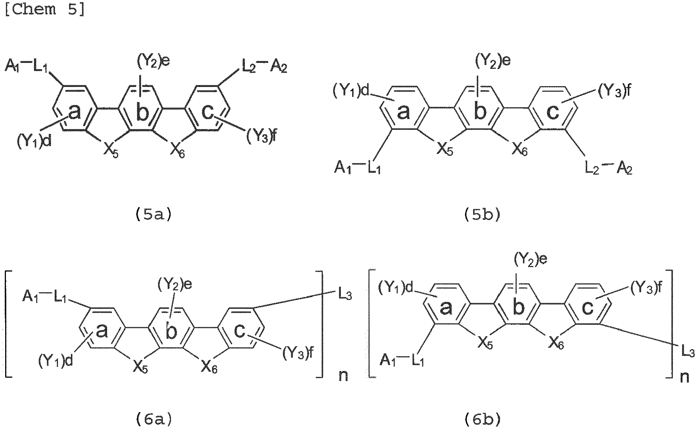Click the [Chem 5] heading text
click(45, 10)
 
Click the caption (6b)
click(482, 419)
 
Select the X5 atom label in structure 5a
click(110, 151)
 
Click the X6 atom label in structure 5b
click(517, 150)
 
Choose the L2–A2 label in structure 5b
click(609, 169)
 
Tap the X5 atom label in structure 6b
click(484, 344)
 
